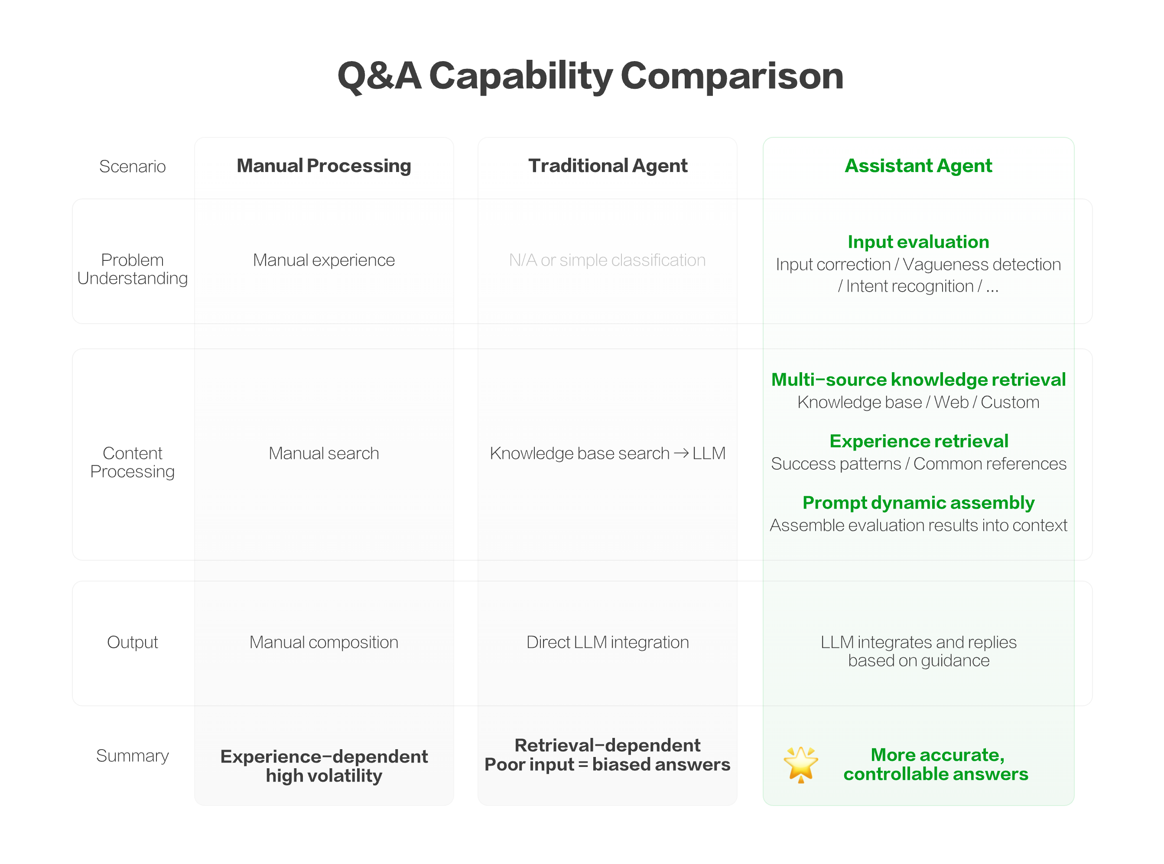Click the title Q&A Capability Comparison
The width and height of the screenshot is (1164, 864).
click(590, 76)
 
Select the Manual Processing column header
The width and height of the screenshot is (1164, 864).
click(323, 166)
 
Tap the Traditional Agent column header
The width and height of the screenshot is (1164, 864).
click(608, 166)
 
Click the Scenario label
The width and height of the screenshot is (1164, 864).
click(132, 166)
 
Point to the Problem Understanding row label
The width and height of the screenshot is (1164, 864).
click(132, 269)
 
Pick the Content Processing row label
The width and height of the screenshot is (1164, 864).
click(132, 462)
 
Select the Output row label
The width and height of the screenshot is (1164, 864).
click(132, 642)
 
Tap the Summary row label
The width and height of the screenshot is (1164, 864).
click(132, 755)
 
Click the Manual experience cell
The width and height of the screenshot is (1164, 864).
click(323, 260)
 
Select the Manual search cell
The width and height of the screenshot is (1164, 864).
click(323, 453)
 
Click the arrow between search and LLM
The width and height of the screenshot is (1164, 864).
click(681, 453)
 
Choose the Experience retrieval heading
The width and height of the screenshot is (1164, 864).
click(918, 441)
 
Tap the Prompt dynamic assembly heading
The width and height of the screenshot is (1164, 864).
click(918, 502)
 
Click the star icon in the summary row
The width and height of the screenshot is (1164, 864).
click(800, 764)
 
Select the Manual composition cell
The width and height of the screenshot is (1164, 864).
click(323, 642)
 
